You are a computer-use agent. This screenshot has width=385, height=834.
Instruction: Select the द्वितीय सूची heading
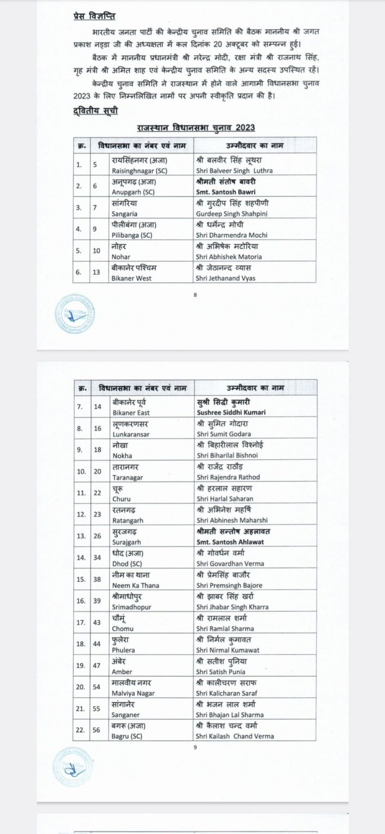click(x=94, y=111)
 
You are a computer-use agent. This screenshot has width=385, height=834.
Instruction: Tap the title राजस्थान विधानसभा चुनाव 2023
click(x=196, y=128)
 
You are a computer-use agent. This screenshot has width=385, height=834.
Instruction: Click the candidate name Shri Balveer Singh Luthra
click(x=233, y=170)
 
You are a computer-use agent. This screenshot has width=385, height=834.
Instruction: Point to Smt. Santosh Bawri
click(x=225, y=192)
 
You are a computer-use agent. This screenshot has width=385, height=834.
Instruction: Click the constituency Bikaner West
click(x=131, y=278)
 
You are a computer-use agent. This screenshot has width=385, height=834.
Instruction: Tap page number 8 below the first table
click(x=195, y=295)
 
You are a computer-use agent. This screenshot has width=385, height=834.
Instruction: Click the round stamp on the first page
click(x=74, y=315)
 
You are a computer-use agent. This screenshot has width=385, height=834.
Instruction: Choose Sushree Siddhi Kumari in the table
click(x=231, y=413)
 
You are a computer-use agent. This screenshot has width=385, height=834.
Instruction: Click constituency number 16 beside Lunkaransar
click(x=97, y=428)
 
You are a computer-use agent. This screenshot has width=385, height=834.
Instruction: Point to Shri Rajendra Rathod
click(x=228, y=477)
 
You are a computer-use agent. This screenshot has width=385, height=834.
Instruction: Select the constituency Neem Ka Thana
click(x=135, y=585)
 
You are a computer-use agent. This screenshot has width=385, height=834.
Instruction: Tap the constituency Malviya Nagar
click(x=133, y=693)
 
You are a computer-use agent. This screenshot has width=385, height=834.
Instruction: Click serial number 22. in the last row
click(x=80, y=730)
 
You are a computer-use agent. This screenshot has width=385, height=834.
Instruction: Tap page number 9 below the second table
click(x=195, y=748)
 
